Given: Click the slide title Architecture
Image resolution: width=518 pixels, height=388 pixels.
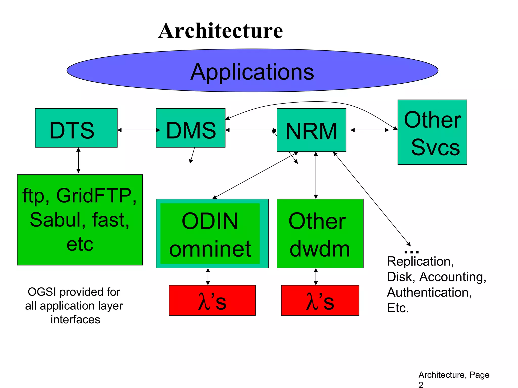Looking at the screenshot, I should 221,31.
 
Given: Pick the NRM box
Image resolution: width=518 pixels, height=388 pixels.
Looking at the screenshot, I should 311,130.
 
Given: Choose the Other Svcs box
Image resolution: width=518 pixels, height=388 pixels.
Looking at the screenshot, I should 432,132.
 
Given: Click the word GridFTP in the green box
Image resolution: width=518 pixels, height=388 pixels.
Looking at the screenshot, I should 94,196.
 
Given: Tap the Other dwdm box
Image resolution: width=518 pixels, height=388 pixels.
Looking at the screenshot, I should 320,234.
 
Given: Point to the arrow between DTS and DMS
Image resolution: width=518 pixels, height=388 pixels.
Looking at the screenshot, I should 139,130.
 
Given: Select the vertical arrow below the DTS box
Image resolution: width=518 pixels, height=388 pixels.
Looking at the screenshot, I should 78,160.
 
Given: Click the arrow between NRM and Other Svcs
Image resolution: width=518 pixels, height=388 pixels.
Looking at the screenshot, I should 370,130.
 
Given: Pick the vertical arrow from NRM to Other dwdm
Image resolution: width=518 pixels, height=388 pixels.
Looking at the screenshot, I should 316,175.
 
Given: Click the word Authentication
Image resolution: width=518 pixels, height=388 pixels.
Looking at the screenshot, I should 429,293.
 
